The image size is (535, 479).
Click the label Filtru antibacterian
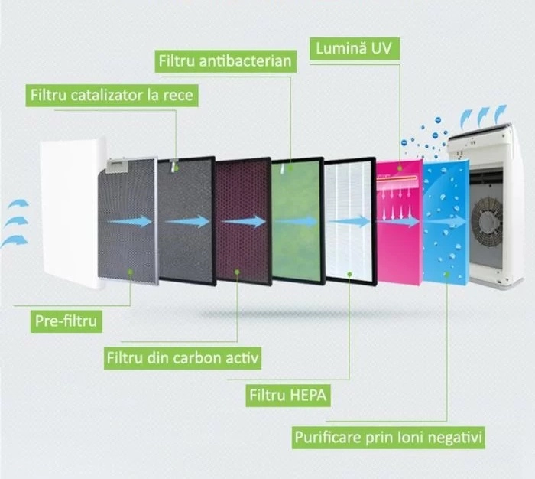point(225,60)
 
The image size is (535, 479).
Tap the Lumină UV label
point(355,48)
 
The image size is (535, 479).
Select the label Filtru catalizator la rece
point(112,96)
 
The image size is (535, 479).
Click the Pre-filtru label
point(66,321)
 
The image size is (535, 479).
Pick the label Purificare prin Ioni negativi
point(388,438)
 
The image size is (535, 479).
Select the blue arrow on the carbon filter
point(244,221)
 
